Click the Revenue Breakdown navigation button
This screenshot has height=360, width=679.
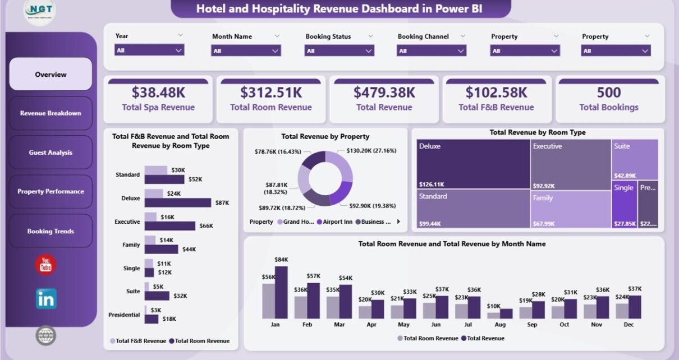(x=51, y=113)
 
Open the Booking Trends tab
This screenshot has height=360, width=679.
(x=51, y=231)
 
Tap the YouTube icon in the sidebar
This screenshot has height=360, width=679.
(x=45, y=265)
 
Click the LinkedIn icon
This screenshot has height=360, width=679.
(x=46, y=299)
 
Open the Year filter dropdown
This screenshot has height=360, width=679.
(x=149, y=50)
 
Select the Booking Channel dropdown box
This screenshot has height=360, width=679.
(x=432, y=50)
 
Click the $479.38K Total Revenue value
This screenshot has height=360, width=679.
(x=384, y=92)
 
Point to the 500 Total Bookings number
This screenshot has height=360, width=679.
(x=609, y=92)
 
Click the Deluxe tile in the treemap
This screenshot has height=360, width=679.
(x=473, y=164)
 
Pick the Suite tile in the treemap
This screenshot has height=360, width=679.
(x=635, y=160)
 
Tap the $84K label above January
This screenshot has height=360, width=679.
(x=281, y=259)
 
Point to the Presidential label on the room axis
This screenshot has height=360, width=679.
(x=124, y=315)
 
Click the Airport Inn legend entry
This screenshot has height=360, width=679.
(x=337, y=222)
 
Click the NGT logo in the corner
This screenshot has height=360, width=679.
(x=40, y=12)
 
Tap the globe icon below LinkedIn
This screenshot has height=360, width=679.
(x=45, y=335)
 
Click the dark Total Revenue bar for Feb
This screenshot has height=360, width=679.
(x=313, y=301)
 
